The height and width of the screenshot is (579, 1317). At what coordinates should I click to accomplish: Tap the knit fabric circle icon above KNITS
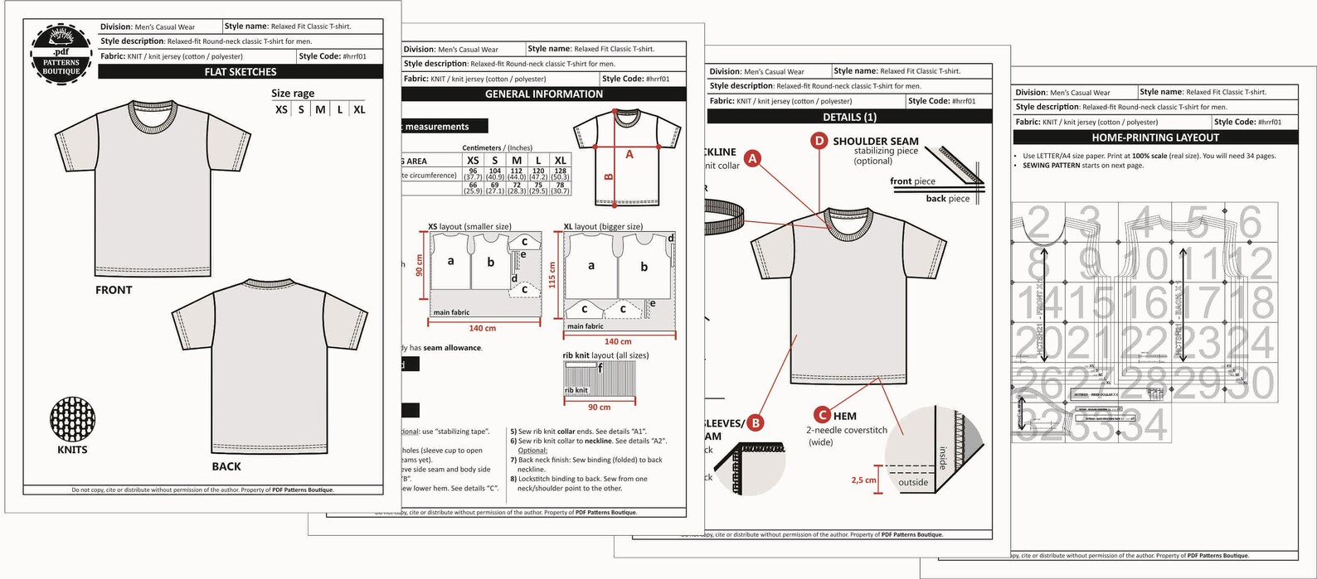coord(72,418)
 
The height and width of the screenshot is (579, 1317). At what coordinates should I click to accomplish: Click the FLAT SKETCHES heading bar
coord(241,72)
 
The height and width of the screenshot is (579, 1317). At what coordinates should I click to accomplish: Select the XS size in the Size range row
coord(281,109)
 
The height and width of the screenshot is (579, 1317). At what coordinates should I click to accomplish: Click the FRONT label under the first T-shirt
coord(114,290)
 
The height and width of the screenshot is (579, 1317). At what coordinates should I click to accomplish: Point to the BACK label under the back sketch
coord(226,466)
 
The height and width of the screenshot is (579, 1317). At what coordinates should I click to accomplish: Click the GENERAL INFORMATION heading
coord(544,94)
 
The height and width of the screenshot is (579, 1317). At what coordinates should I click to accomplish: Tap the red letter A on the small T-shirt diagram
coord(629,154)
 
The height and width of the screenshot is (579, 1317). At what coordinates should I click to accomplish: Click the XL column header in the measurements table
coord(561,161)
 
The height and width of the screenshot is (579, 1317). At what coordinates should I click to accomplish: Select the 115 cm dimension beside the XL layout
coord(552,275)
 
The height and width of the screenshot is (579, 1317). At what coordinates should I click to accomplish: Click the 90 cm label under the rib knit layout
coord(599,408)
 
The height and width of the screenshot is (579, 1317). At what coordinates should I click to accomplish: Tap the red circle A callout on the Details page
coord(752,158)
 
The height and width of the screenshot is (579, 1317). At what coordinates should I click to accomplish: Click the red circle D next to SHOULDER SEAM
coord(819,141)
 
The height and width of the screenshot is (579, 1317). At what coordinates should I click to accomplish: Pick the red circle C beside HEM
coord(822,415)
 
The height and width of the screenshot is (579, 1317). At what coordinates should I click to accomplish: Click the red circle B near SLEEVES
coord(756,422)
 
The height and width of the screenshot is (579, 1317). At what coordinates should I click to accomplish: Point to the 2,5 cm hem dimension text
coord(863,480)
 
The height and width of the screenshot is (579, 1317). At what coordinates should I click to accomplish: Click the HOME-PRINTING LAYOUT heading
coord(1155,138)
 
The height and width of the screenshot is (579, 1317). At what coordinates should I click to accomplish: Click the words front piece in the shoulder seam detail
coord(912,181)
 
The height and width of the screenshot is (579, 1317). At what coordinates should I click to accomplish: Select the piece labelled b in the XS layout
coord(490,263)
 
